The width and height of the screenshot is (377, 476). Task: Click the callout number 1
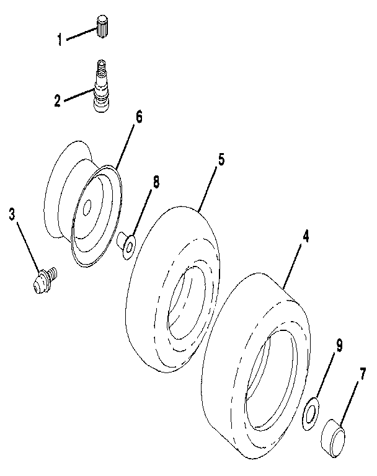tap(60, 40)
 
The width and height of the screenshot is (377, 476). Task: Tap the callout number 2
tap(57, 100)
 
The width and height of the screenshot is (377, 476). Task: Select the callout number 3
tap(12, 214)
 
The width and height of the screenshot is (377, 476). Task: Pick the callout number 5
tap(221, 159)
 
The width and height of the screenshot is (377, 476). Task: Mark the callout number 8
tap(155, 182)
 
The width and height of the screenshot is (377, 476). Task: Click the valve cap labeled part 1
tap(103, 28)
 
